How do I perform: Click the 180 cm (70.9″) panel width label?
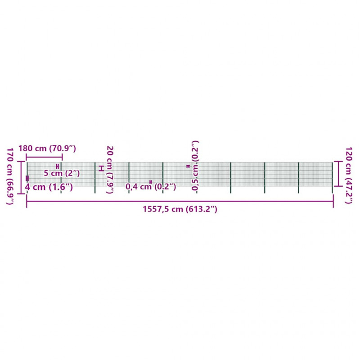coord(47,148)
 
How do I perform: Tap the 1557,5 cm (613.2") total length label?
coord(180,209)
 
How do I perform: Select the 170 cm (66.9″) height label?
coord(10,176)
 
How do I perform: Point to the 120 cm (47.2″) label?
coord(349,175)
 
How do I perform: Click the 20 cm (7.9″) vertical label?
coord(110,170)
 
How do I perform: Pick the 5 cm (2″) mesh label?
coord(62,173)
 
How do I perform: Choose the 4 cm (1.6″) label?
coord(49,187)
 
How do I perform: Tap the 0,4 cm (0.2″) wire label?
coord(151,187)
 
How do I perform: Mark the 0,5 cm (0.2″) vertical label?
coord(195,166)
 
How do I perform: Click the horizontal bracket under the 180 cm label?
coord(44,157)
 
